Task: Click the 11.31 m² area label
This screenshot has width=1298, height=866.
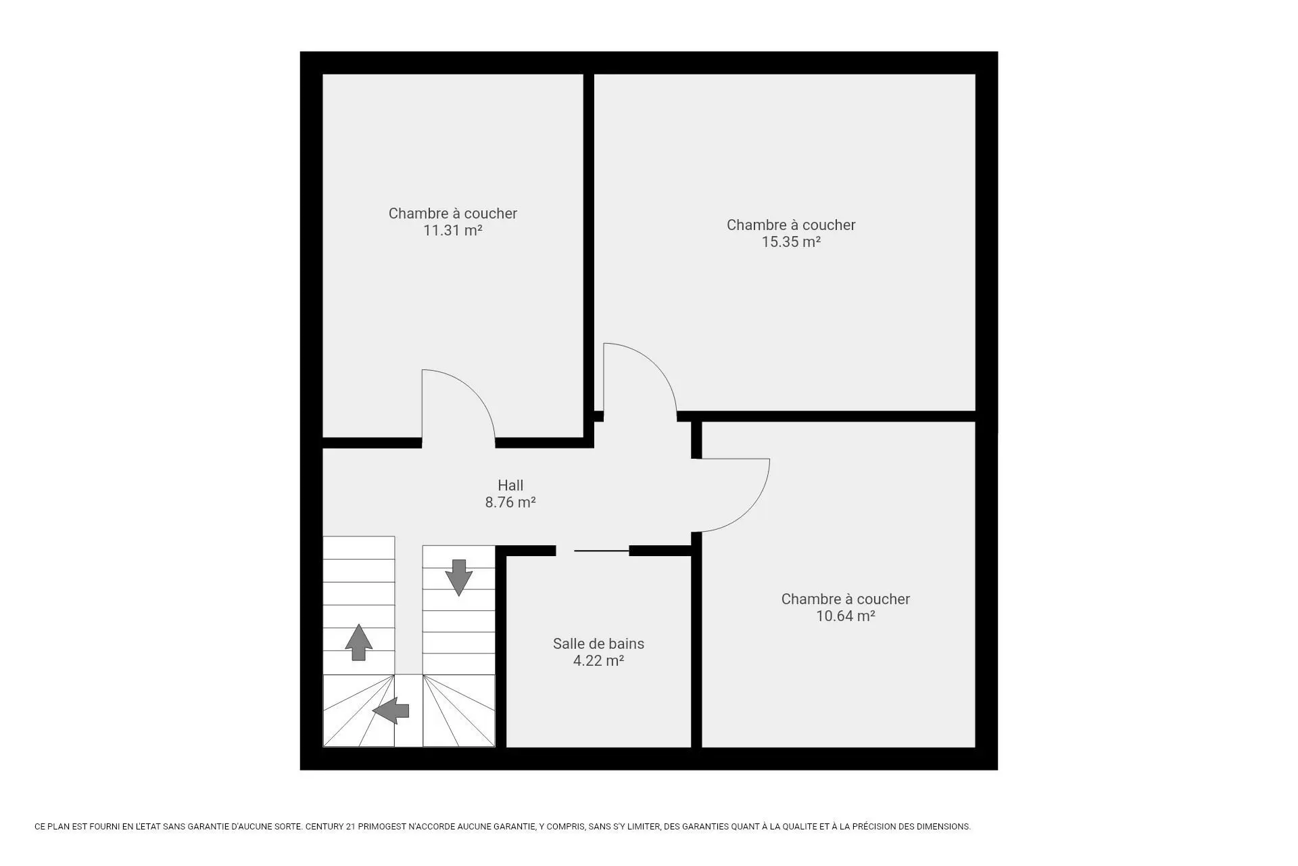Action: pos(452,231)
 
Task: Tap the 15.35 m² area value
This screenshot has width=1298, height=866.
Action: pos(791,242)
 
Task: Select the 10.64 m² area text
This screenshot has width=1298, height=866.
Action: pos(846,616)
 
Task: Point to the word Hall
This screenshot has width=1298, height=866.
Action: pos(510,485)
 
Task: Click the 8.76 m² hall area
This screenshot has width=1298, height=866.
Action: pos(510,503)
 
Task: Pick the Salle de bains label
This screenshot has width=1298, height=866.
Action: pos(598,644)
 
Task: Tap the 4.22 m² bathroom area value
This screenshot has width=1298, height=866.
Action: pos(598,661)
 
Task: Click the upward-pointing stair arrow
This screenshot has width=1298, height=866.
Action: pos(358,642)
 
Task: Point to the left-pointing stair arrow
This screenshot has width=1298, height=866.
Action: pos(391,710)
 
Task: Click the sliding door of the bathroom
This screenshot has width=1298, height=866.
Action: pos(602,551)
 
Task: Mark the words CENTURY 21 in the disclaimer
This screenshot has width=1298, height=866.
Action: pos(331,827)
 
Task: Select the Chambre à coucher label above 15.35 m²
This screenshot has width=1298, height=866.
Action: pos(791,225)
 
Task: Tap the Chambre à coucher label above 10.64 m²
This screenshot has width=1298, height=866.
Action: pos(846,599)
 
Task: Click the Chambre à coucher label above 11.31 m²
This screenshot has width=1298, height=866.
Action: pos(452,213)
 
